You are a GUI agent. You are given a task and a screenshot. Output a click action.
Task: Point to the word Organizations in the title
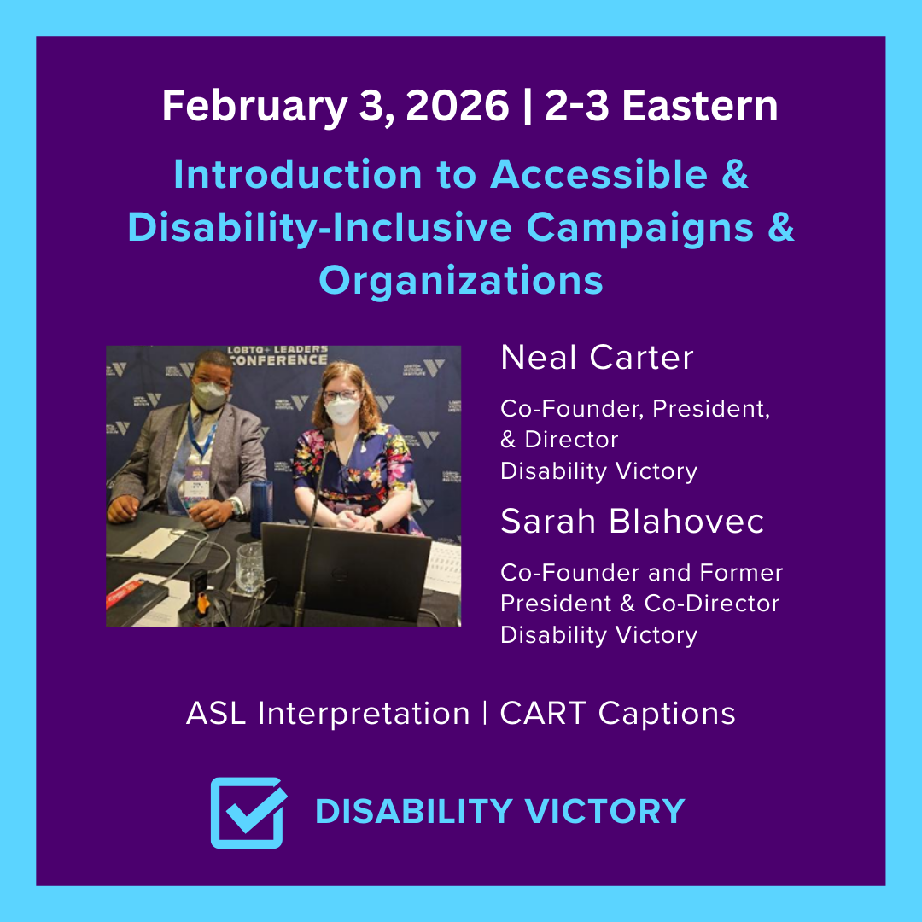click(x=461, y=280)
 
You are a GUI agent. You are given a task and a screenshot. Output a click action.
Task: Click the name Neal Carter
click(x=597, y=358)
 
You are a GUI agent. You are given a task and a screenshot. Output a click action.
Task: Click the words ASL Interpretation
click(x=328, y=714)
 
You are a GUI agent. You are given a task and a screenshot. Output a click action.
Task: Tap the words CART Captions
click(x=617, y=714)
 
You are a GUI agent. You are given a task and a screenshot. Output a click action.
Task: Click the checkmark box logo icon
click(x=248, y=812)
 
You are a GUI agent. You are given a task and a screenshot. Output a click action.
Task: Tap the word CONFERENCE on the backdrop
click(x=275, y=359)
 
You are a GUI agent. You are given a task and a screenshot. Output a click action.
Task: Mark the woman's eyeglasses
click(x=341, y=395)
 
